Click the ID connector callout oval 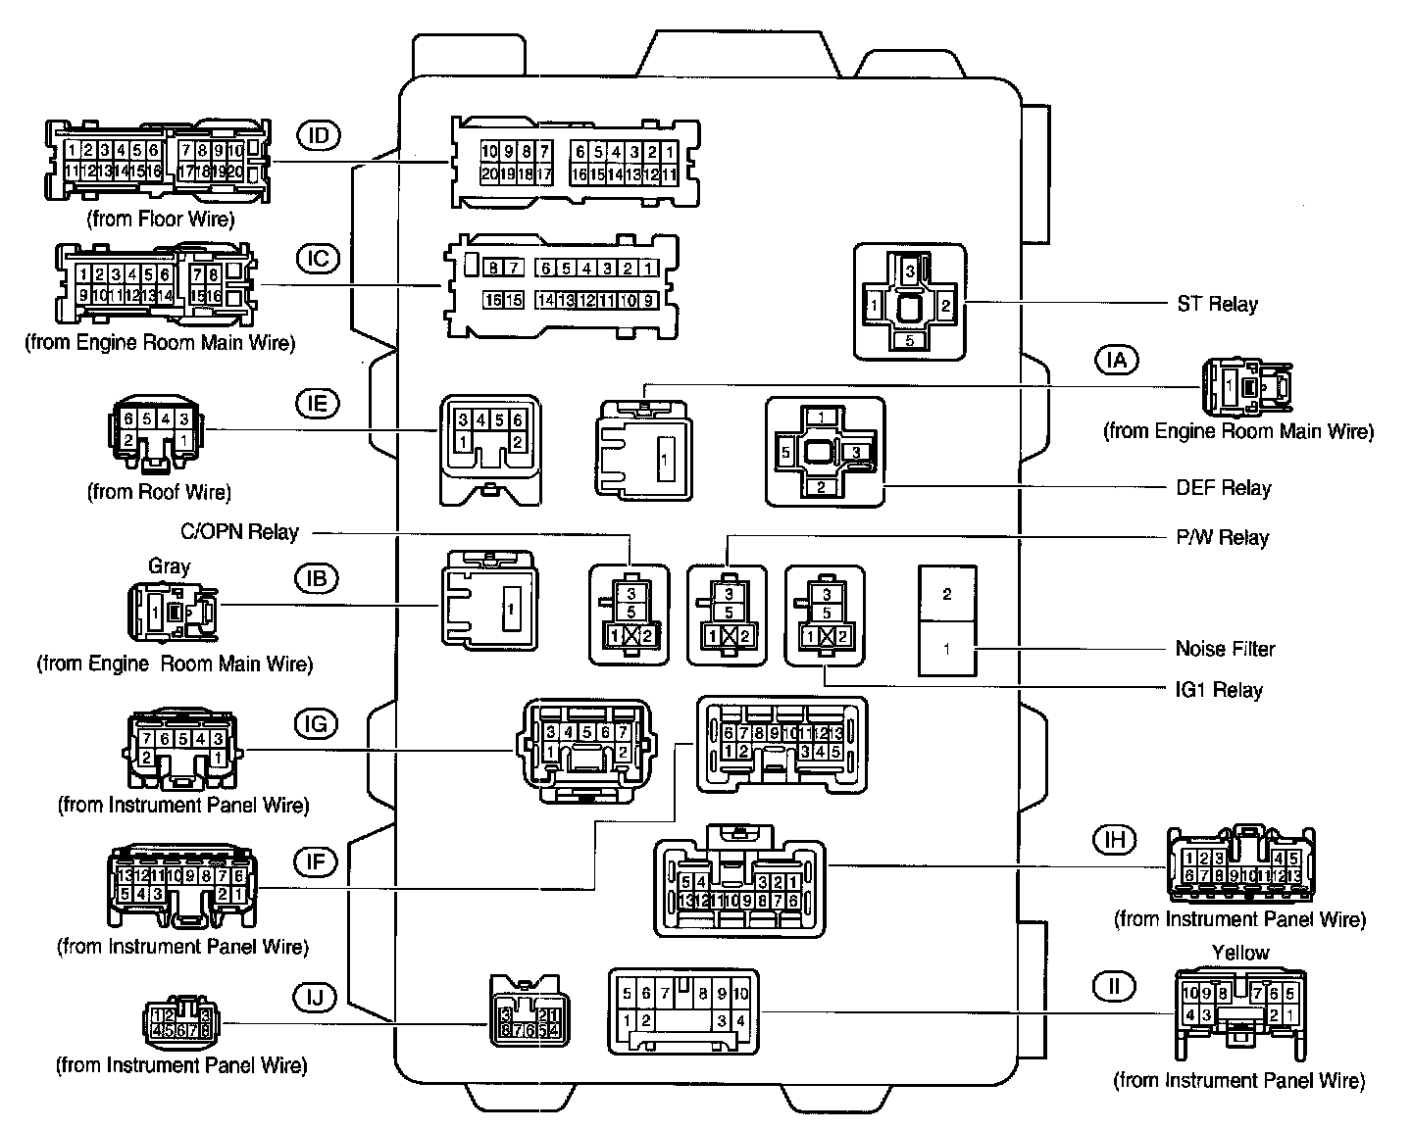pyautogui.click(x=317, y=135)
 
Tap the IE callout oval pyautogui.click(x=317, y=403)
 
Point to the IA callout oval pyautogui.click(x=1116, y=360)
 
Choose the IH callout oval pyautogui.click(x=1114, y=839)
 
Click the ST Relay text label pyautogui.click(x=1217, y=304)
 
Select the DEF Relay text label pyautogui.click(x=1223, y=488)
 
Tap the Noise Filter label pyautogui.click(x=1225, y=649)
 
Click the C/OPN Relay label pyautogui.click(x=239, y=532)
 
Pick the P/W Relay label pyautogui.click(x=1222, y=537)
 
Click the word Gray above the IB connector pyautogui.click(x=169, y=566)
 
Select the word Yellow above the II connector pyautogui.click(x=1239, y=953)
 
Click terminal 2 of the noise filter pyautogui.click(x=946, y=594)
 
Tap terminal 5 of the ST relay pyautogui.click(x=910, y=341)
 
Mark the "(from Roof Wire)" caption pyautogui.click(x=159, y=491)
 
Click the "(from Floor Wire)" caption pyautogui.click(x=161, y=219)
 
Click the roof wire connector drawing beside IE pyautogui.click(x=155, y=432)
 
